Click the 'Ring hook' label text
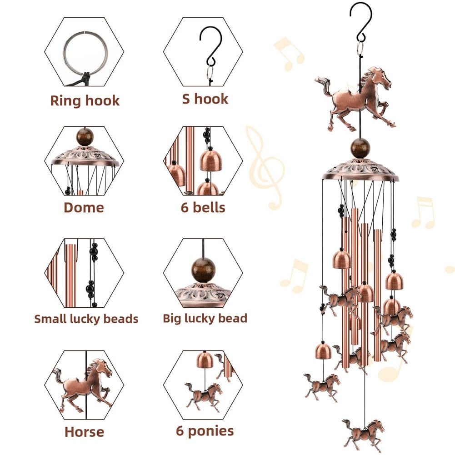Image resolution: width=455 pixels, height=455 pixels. pos(85,100)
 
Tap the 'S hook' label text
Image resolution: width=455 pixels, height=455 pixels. pos(205,99)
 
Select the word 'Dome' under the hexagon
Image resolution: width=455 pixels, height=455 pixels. pos(84,207)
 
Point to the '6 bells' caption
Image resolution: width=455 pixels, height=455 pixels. pos(203,207)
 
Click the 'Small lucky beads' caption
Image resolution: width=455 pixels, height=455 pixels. pos(86,319)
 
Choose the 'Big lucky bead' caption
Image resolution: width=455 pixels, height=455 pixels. pos(205,318)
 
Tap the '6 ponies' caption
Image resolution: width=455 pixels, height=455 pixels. pos(205,431)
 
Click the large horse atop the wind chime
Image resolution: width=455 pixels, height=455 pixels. pos(355,99)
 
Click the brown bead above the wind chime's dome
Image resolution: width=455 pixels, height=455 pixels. pos(360,148)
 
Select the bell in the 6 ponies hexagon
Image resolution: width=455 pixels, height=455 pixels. pos(205,360)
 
